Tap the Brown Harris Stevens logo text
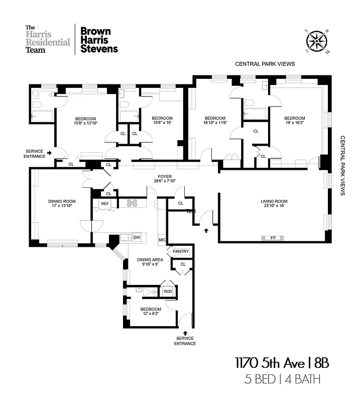coord(99,40)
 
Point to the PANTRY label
coord(180,251)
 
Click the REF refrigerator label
coord(105,204)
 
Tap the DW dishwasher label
coord(137,237)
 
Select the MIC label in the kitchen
coord(162,240)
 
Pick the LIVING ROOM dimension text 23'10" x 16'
coord(274,207)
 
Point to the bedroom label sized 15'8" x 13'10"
coord(84,121)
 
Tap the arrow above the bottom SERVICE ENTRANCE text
coord(185,332)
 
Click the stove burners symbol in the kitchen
coord(132,203)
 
